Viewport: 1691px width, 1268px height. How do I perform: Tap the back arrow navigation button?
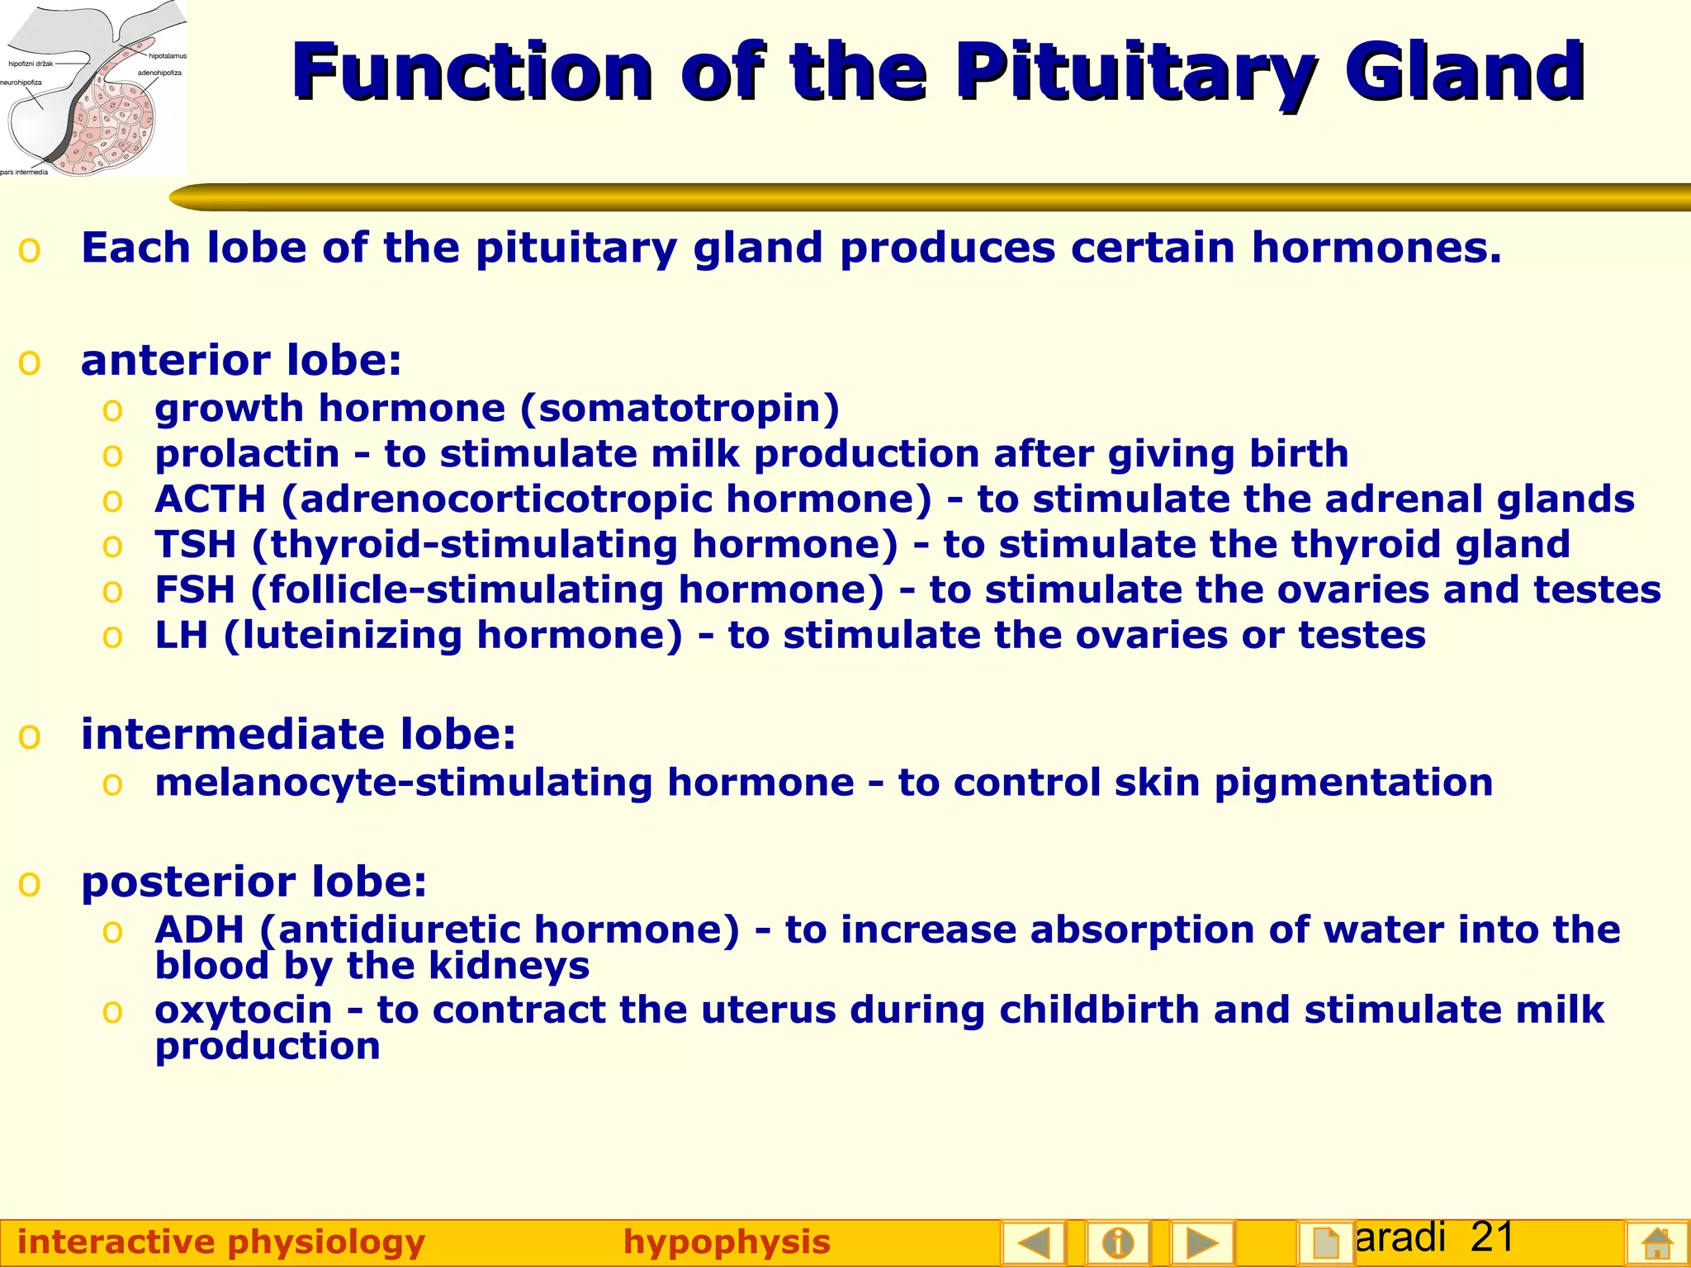pyautogui.click(x=1033, y=1242)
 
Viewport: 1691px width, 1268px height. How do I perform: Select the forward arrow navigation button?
pyautogui.click(x=1202, y=1242)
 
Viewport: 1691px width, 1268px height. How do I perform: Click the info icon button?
pyautogui.click(x=1117, y=1242)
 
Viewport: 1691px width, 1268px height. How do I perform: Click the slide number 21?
pyautogui.click(x=1492, y=1237)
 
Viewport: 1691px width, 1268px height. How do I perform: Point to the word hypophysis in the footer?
pyautogui.click(x=727, y=1242)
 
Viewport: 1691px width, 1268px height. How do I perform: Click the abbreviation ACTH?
pyautogui.click(x=211, y=499)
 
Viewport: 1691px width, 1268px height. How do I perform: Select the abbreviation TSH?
pyautogui.click(x=196, y=545)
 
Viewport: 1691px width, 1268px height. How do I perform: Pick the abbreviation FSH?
pyautogui.click(x=196, y=590)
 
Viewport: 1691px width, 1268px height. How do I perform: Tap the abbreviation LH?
pyautogui.click(x=182, y=636)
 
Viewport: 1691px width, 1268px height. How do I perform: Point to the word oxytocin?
pyautogui.click(x=244, y=1010)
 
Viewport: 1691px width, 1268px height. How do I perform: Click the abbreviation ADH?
pyautogui.click(x=200, y=930)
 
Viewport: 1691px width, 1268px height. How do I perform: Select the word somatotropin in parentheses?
pyautogui.click(x=680, y=409)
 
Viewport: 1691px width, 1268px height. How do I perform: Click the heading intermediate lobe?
pyautogui.click(x=298, y=734)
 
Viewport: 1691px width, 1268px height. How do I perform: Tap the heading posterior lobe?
pyautogui.click(x=254, y=882)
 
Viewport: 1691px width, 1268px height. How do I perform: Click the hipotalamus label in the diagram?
pyautogui.click(x=168, y=56)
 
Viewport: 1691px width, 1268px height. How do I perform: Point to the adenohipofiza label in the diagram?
pyautogui.click(x=159, y=73)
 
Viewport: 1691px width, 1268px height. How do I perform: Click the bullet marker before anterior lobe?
pyautogui.click(x=30, y=362)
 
